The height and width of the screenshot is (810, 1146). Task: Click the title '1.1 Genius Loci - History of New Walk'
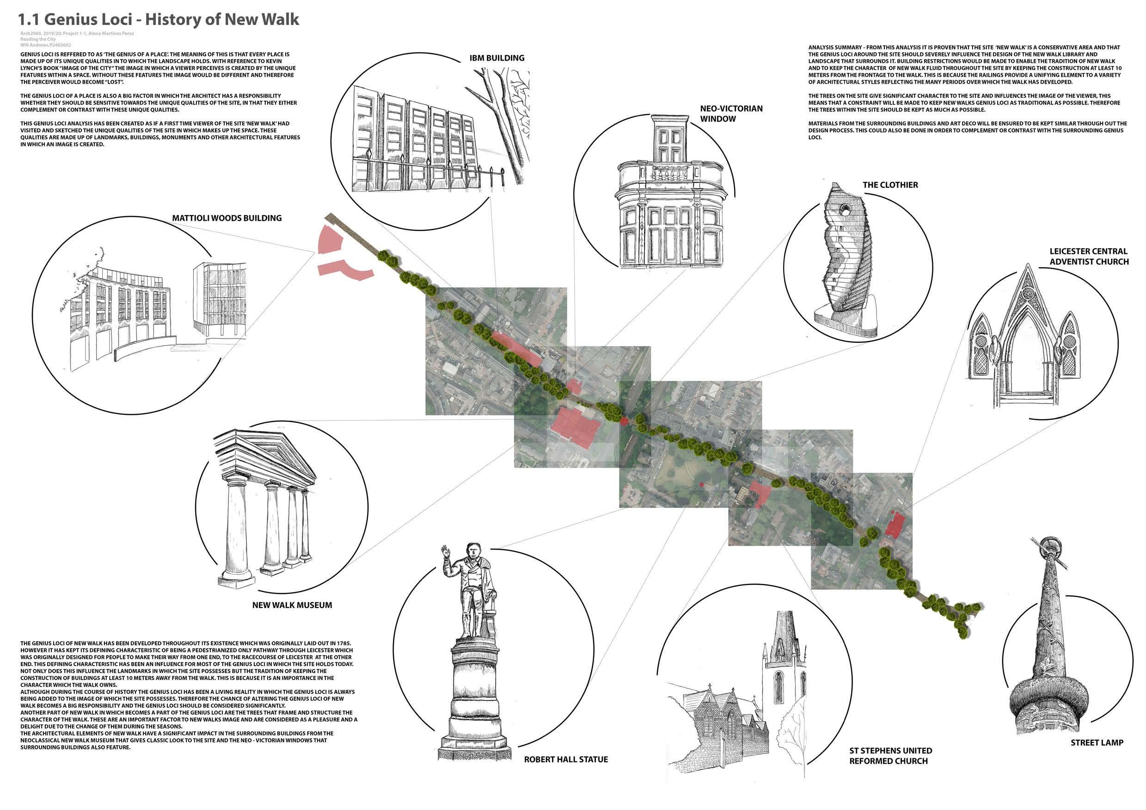point(159,19)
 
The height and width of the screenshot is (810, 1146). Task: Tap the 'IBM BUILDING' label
point(496,58)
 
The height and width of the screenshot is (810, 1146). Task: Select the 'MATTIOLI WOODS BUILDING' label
point(227,218)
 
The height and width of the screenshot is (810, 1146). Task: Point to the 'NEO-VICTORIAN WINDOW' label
point(731,113)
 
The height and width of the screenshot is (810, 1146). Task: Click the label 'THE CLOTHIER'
point(890,185)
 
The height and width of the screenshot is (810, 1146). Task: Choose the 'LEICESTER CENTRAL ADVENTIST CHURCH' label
point(1089,256)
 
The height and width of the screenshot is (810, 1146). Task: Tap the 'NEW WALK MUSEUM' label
point(292,605)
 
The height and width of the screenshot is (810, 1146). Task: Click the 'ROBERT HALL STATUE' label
point(565,760)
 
